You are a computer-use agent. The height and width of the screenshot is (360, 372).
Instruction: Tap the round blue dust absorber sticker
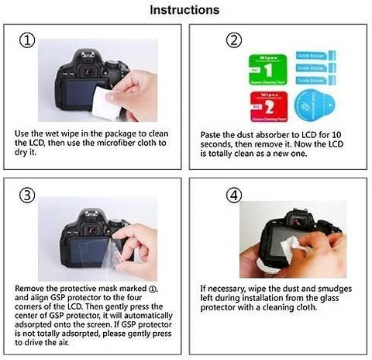[317, 101]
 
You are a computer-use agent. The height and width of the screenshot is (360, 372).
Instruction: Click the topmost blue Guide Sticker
[318, 55]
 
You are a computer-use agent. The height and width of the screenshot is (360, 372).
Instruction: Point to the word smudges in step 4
[330, 286]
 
